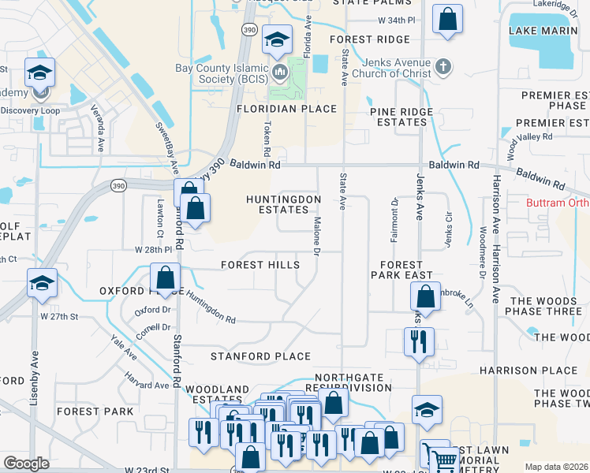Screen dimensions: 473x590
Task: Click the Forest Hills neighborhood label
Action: [x=260, y=265]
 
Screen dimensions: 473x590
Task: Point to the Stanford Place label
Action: [x=260, y=356]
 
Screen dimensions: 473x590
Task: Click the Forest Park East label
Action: [x=406, y=270]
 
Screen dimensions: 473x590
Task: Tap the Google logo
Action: [x=26, y=464]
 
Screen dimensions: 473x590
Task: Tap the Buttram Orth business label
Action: [x=558, y=203]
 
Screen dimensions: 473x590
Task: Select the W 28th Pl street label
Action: [x=153, y=249]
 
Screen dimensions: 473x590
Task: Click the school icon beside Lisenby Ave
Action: [x=41, y=284]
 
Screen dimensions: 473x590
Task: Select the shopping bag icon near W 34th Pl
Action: [x=447, y=21]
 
